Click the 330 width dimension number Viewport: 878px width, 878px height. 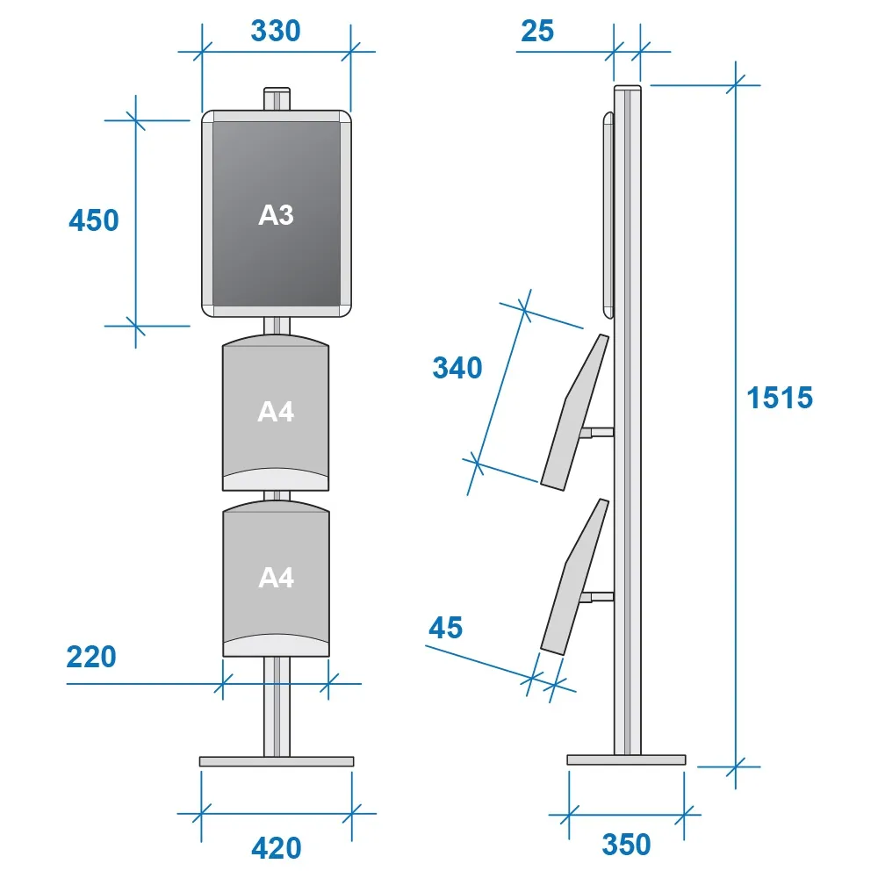pyautogui.click(x=276, y=31)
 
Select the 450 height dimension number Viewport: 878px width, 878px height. pyautogui.click(x=94, y=220)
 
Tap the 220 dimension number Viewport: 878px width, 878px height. pyautogui.click(x=91, y=657)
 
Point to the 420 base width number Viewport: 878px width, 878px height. pyautogui.click(x=276, y=848)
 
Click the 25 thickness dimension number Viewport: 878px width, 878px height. pyautogui.click(x=537, y=31)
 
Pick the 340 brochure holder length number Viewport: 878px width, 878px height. pyautogui.click(x=457, y=368)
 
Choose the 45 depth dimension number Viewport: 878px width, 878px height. pyautogui.click(x=446, y=628)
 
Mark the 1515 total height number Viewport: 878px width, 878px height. pyautogui.click(x=780, y=398)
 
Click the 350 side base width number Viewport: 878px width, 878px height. pyautogui.click(x=626, y=845)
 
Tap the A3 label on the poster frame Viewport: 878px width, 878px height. pyautogui.click(x=276, y=215)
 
